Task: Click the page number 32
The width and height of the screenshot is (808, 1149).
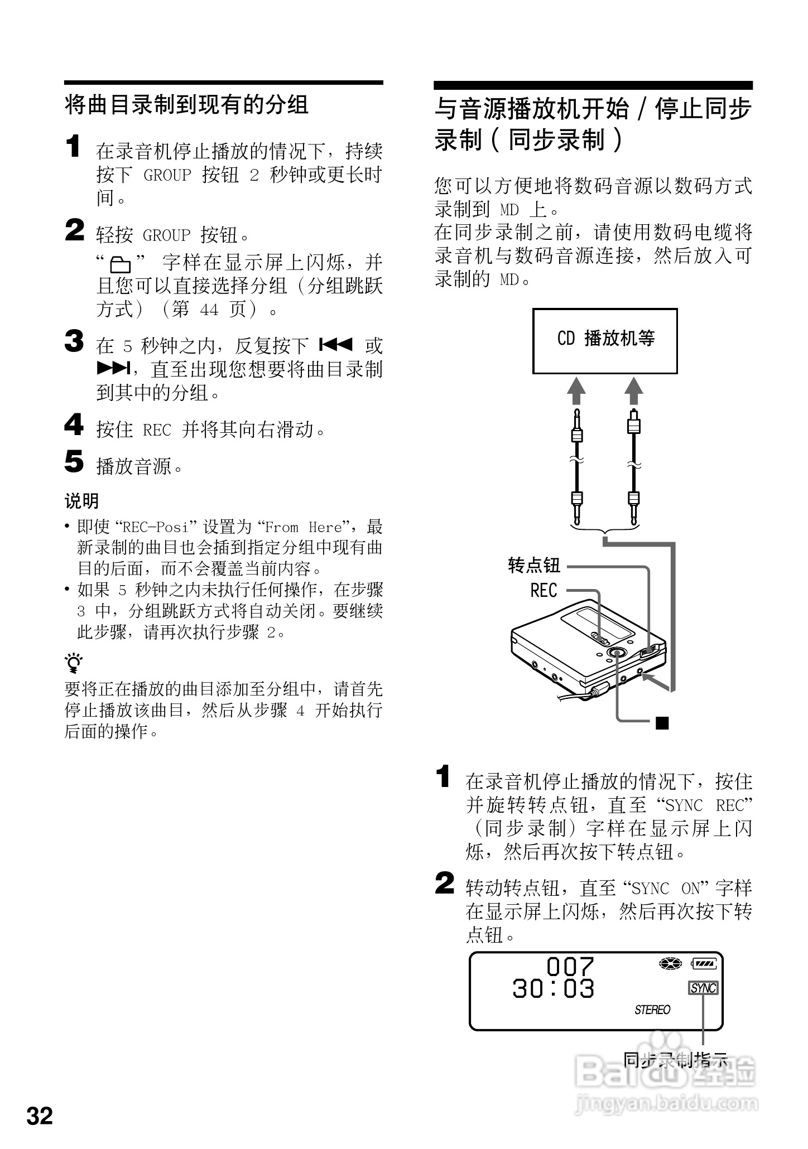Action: coord(40,1115)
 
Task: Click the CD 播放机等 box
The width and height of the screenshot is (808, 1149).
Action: coord(605,340)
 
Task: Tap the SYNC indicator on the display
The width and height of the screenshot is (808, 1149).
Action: coord(703,988)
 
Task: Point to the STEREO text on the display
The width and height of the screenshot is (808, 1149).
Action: coord(652,1010)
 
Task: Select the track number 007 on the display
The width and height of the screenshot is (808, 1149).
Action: coord(570,966)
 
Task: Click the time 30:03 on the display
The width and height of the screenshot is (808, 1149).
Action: coord(553,989)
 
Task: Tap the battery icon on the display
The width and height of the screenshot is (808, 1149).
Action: coord(706,963)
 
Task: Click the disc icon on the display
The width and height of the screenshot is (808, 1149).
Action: coord(670,963)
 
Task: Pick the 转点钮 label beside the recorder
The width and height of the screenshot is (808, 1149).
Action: coord(534,566)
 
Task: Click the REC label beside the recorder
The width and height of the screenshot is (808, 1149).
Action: coord(544,590)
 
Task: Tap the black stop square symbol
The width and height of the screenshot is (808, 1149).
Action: coord(662,723)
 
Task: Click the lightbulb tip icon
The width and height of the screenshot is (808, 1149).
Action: coord(74,663)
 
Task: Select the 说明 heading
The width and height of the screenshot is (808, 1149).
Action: coord(81,501)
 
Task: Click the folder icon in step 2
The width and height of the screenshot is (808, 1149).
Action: coord(121,264)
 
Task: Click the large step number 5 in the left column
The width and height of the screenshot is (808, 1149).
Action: coord(74,462)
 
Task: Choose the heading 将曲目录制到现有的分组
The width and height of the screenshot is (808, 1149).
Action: coord(186,105)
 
